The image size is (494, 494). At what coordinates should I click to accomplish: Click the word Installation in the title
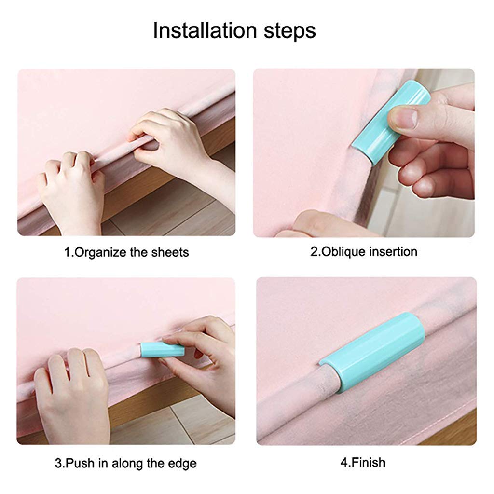[x=205, y=30]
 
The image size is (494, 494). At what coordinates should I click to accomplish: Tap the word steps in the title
[x=289, y=31]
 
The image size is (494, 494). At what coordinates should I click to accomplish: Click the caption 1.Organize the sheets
[x=126, y=252]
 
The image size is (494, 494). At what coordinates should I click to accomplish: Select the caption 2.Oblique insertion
[x=364, y=252]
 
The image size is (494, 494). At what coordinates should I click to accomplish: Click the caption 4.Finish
[x=363, y=463]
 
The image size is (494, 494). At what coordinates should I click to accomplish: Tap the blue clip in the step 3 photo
[x=162, y=349]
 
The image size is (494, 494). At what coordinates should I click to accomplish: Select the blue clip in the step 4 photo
[x=372, y=353]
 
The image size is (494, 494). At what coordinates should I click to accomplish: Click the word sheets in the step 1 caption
[x=170, y=252]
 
